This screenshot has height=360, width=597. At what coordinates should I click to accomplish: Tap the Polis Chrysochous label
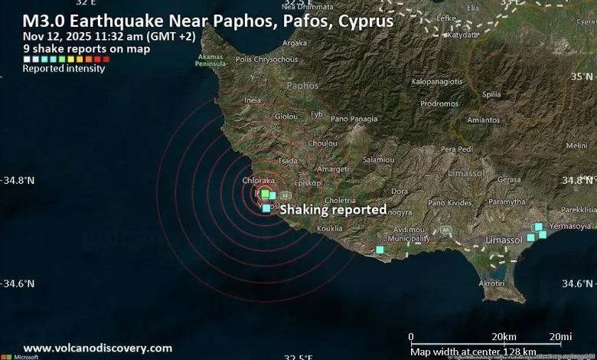pyautogui.click(x=267, y=59)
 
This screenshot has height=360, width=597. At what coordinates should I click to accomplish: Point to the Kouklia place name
pyautogui.click(x=329, y=228)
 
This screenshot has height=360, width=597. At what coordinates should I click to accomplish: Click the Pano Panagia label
pyautogui.click(x=354, y=119)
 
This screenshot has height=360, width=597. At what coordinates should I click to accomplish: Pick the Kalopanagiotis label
pyautogui.click(x=437, y=81)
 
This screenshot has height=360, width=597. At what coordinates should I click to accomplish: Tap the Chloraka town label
pyautogui.click(x=259, y=180)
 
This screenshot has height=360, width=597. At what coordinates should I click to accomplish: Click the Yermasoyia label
pyautogui.click(x=572, y=226)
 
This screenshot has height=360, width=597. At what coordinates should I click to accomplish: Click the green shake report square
pyautogui.click(x=265, y=194)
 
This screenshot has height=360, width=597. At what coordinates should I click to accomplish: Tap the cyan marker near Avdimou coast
pyautogui.click(x=380, y=250)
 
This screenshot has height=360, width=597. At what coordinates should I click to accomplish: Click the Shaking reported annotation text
pyautogui.click(x=333, y=209)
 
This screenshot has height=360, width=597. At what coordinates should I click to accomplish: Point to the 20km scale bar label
pyautogui.click(x=503, y=337)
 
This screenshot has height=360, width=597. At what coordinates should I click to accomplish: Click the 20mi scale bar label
pyautogui.click(x=560, y=337)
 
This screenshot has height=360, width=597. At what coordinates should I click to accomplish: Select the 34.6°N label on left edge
pyautogui.click(x=20, y=283)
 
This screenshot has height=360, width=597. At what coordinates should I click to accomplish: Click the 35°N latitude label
pyautogui.click(x=581, y=77)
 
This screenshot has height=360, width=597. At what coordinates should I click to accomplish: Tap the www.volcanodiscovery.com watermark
pyautogui.click(x=98, y=348)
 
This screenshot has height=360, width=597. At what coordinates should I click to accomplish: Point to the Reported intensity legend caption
pyautogui.click(x=64, y=68)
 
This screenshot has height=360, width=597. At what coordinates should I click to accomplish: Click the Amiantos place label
pyautogui.click(x=483, y=119)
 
